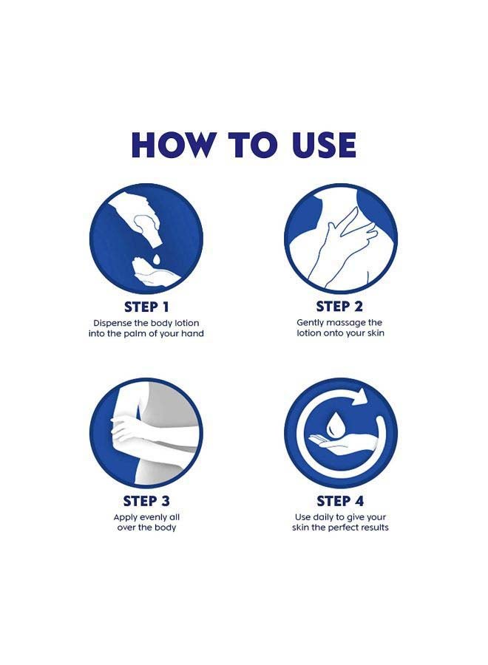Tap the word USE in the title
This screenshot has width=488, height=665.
coord(324,145)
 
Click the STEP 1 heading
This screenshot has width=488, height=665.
coord(146,307)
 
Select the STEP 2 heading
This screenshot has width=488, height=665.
coord(339,307)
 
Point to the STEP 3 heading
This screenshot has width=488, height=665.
coord(146,501)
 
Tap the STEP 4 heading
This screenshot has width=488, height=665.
coord(340,501)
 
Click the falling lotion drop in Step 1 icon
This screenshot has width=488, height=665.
coord(156,259)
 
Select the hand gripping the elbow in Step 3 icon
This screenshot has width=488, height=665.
coord(127,429)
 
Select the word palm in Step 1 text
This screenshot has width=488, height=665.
coord(138,334)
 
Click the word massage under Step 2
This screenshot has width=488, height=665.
coord(343,323)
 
